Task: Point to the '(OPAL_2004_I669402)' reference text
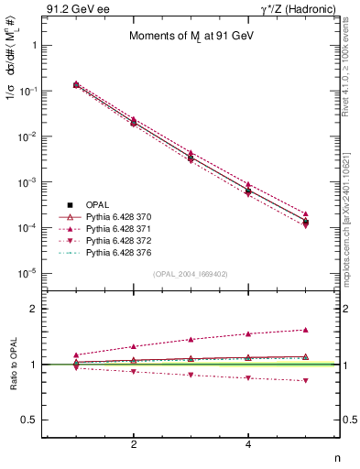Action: pyautogui.click(x=190, y=274)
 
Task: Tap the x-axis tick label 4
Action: pyautogui.click(x=248, y=444)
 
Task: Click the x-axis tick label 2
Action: pyautogui.click(x=134, y=444)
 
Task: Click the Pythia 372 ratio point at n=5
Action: pyautogui.click(x=306, y=380)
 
